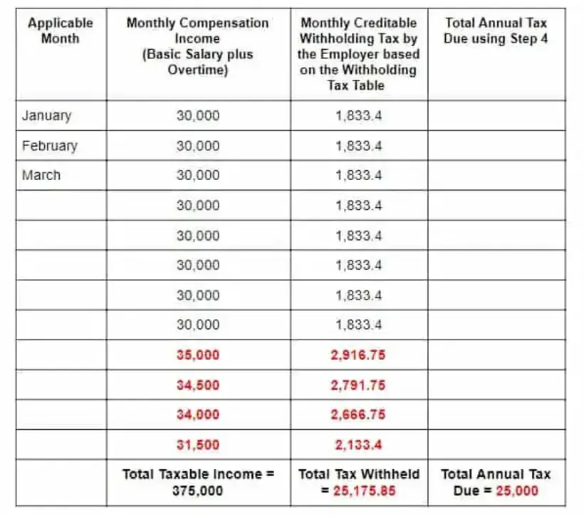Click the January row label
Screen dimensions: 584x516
pos(47,116)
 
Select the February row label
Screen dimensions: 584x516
pos(50,146)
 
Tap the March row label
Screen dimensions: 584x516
pos(41,176)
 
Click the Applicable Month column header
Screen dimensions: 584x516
pos(61,31)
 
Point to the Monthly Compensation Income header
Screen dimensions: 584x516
pos(198,46)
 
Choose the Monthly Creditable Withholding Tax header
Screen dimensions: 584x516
pos(359,54)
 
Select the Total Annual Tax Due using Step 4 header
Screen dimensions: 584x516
pos(496,31)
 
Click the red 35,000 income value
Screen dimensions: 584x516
pos(198,355)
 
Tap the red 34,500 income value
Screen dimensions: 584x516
pos(198,385)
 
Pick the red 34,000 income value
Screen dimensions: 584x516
pos(198,415)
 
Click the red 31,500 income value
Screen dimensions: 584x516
pos(198,445)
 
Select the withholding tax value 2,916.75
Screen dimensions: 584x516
pos(359,355)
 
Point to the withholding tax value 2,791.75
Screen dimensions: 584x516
pos(359,385)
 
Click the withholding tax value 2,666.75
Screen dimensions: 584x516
pos(359,415)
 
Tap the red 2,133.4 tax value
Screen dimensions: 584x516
pos(359,445)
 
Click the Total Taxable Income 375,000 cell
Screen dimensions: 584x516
pos(198,482)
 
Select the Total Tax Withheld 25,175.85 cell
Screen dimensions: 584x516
pos(359,482)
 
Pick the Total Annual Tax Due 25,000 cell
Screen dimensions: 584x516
pos(496,482)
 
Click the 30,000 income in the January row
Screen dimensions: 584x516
pos(198,116)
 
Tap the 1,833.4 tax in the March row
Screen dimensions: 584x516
pos(359,176)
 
